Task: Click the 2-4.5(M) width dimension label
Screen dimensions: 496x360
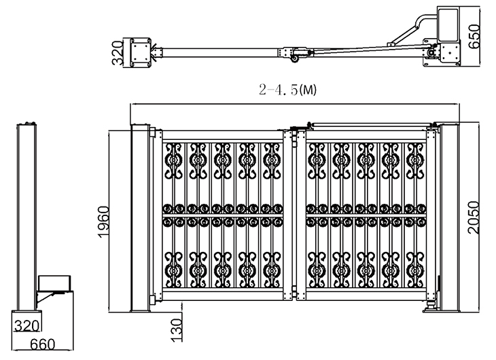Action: tap(287, 90)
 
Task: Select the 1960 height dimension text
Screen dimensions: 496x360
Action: tap(103, 221)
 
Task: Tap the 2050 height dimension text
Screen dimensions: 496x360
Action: tap(474, 217)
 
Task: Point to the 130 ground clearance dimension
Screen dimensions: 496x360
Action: tap(177, 330)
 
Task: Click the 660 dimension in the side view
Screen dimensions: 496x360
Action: tap(42, 344)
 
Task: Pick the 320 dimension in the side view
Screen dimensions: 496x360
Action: tap(27, 325)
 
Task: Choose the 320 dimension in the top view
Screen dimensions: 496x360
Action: tap(118, 53)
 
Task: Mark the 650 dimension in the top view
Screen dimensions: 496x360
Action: tap(474, 37)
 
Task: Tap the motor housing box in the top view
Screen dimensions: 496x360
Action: tap(448, 24)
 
